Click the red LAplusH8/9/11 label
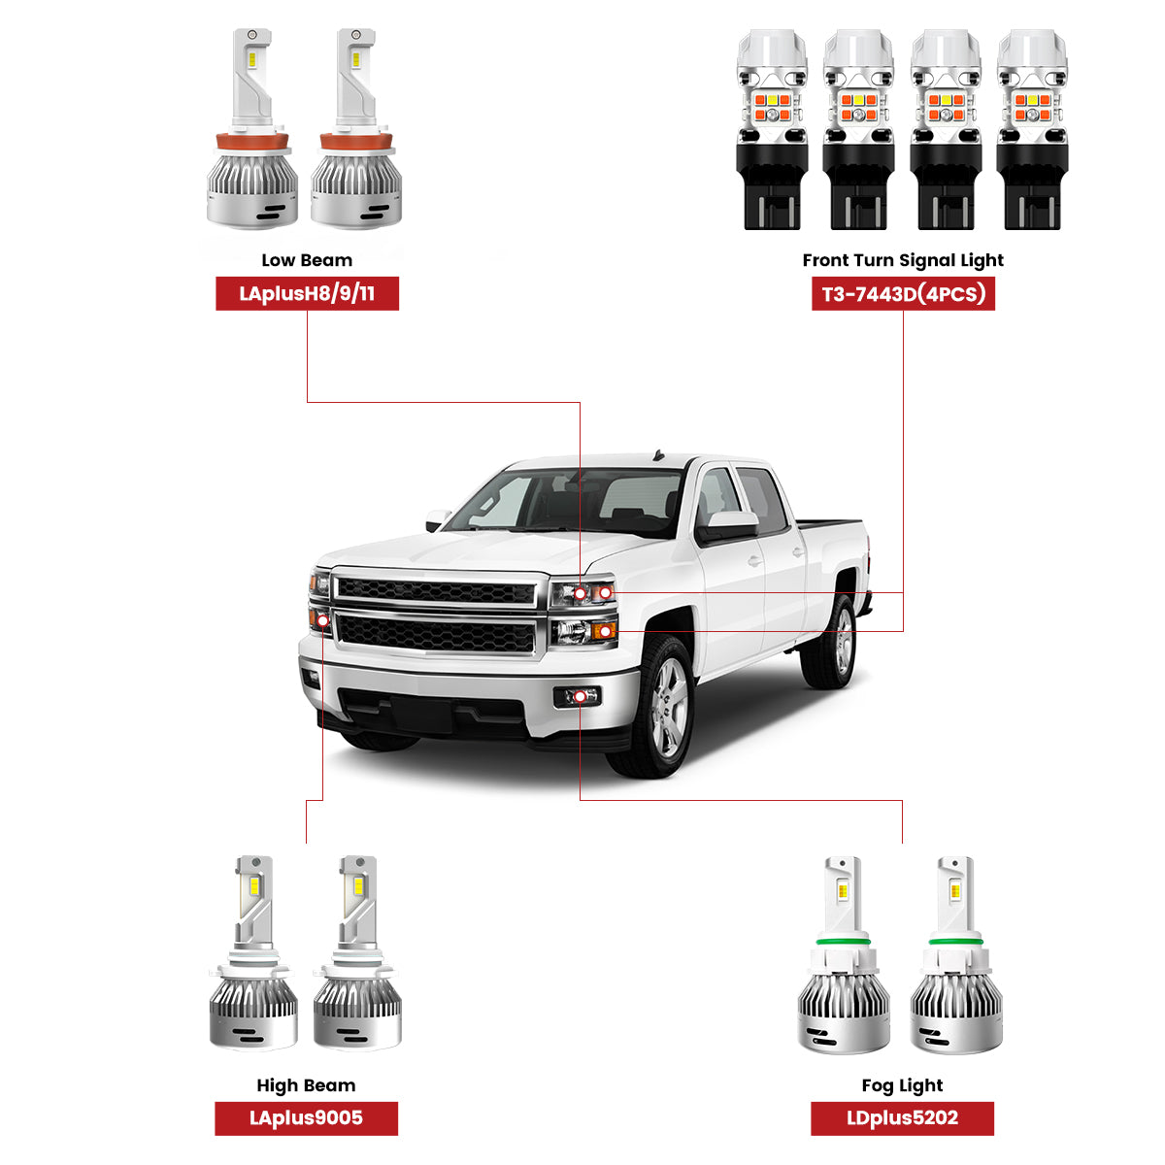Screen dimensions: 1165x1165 tap(307, 293)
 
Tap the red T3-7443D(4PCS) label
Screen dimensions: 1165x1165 tap(903, 293)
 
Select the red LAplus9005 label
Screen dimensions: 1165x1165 tap(306, 1117)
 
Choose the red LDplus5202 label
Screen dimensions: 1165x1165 tap(902, 1117)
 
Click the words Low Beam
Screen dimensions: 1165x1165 tap(307, 260)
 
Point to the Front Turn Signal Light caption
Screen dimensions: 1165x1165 tap(903, 260)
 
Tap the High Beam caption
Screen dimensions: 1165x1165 tap(306, 1085)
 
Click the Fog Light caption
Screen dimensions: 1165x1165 tap(902, 1085)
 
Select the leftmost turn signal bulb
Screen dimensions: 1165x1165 tap(772, 131)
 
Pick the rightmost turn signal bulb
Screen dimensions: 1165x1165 tap(1032, 131)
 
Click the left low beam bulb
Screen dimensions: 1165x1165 tap(252, 131)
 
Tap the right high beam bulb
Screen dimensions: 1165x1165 tap(357, 956)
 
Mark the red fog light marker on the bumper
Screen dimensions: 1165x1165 tap(580, 696)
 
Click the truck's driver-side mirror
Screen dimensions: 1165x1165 tap(730, 525)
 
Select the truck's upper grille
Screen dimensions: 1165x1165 tap(436, 590)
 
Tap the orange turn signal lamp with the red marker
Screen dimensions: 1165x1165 tap(604, 632)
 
